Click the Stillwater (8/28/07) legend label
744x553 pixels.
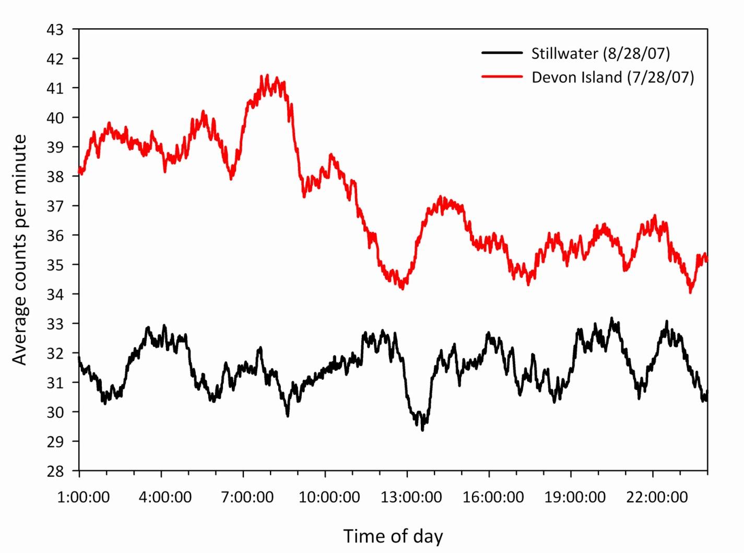pyautogui.click(x=600, y=53)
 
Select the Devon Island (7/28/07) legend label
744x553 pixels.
pyautogui.click(x=613, y=77)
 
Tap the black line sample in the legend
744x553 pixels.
pyautogui.click(x=502, y=53)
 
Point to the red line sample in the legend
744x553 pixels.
pyautogui.click(x=502, y=77)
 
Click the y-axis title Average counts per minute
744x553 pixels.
pyautogui.click(x=20, y=250)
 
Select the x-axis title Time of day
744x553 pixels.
pyautogui.click(x=393, y=536)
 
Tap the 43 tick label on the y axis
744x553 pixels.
pyautogui.click(x=55, y=30)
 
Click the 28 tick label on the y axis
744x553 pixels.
pyautogui.click(x=55, y=471)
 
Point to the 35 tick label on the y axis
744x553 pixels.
pyautogui.click(x=55, y=265)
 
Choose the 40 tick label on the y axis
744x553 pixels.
pyautogui.click(x=55, y=118)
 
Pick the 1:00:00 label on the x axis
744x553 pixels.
pyautogui.click(x=84, y=497)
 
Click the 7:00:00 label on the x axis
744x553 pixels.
pyautogui.click(x=247, y=497)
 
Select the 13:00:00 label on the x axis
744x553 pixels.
pyautogui.click(x=411, y=497)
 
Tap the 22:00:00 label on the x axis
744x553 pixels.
pyautogui.click(x=657, y=497)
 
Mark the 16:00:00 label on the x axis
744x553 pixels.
pyautogui.click(x=493, y=497)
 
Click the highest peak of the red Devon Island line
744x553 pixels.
pyautogui.click(x=267, y=76)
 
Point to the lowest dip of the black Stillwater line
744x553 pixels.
pyautogui.click(x=422, y=430)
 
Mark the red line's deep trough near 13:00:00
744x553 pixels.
pyautogui.click(x=402, y=288)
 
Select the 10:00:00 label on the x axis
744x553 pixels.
pyautogui.click(x=329, y=497)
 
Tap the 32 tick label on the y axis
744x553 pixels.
pyautogui.click(x=55, y=354)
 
